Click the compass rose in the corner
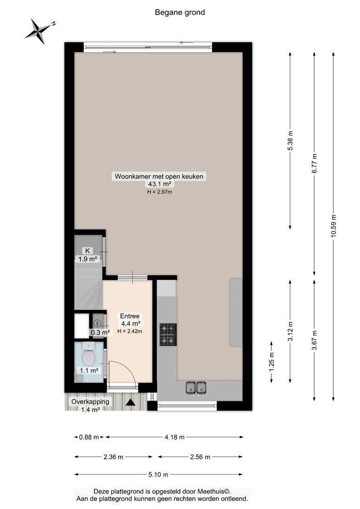click(x=40, y=31)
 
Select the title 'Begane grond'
click(x=180, y=12)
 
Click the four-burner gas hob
click(x=168, y=335)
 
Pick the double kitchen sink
click(x=196, y=387)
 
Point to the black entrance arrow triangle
click(x=131, y=402)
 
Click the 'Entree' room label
click(x=130, y=316)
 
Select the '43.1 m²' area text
click(x=159, y=184)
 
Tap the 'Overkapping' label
click(x=90, y=402)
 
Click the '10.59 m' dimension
click(x=334, y=226)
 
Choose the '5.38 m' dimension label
click(x=290, y=140)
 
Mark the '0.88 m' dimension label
click(x=89, y=437)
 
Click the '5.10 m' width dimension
click(x=158, y=475)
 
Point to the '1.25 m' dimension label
click(x=272, y=361)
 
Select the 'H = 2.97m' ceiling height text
click(x=159, y=192)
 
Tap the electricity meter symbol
click(x=97, y=323)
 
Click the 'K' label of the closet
click(x=87, y=251)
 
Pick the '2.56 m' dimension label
click(x=200, y=457)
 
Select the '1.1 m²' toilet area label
click(x=89, y=370)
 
